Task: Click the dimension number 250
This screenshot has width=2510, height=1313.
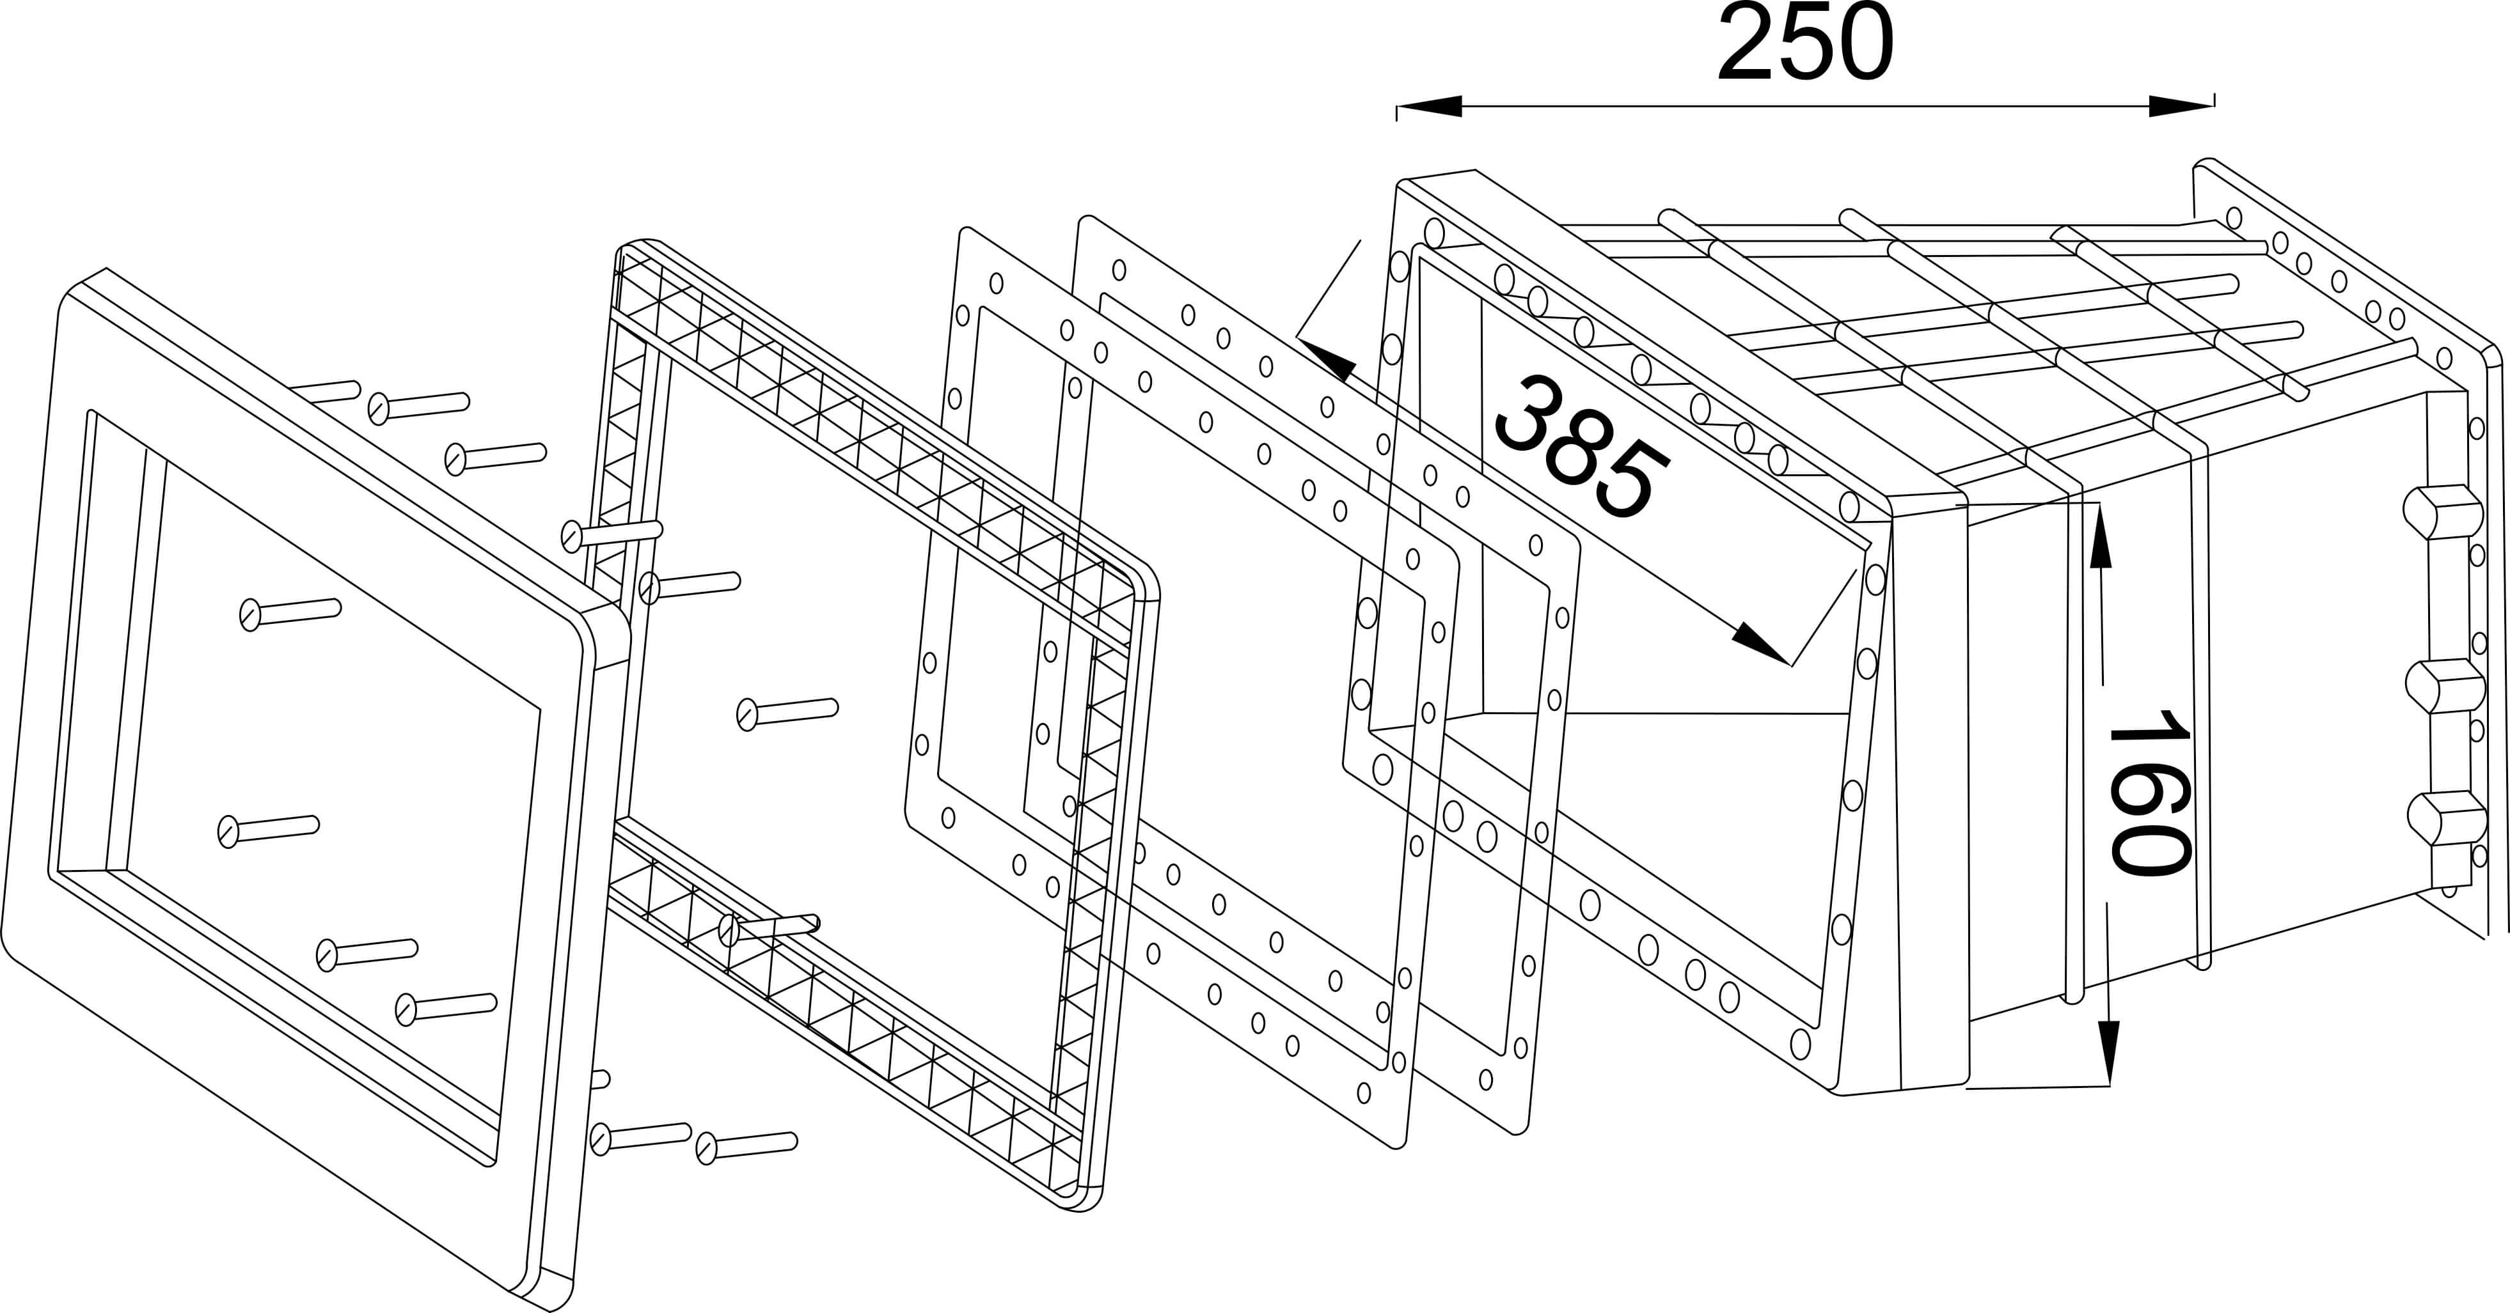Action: (x=1806, y=44)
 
